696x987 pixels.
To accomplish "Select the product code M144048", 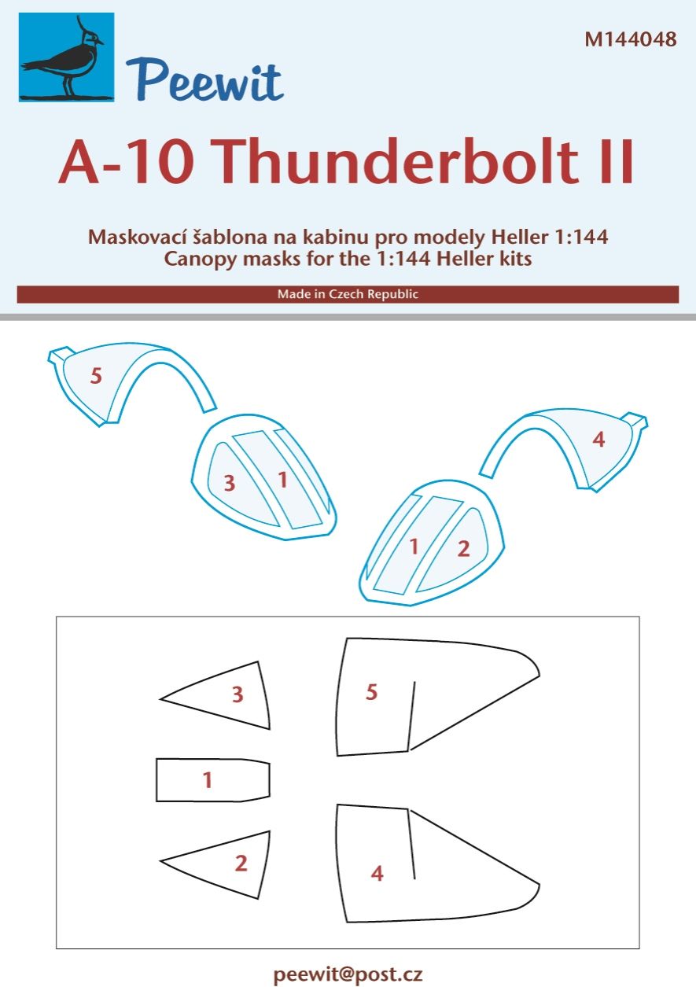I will point(630,40).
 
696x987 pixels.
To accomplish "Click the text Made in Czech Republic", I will point(348,294).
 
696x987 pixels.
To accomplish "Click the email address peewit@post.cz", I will point(348,975).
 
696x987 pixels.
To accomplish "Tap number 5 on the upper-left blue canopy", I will point(96,376).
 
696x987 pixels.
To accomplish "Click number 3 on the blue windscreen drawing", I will point(229,483).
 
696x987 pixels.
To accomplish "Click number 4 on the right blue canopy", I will point(598,440).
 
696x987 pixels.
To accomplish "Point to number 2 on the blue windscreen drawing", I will point(463,549).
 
